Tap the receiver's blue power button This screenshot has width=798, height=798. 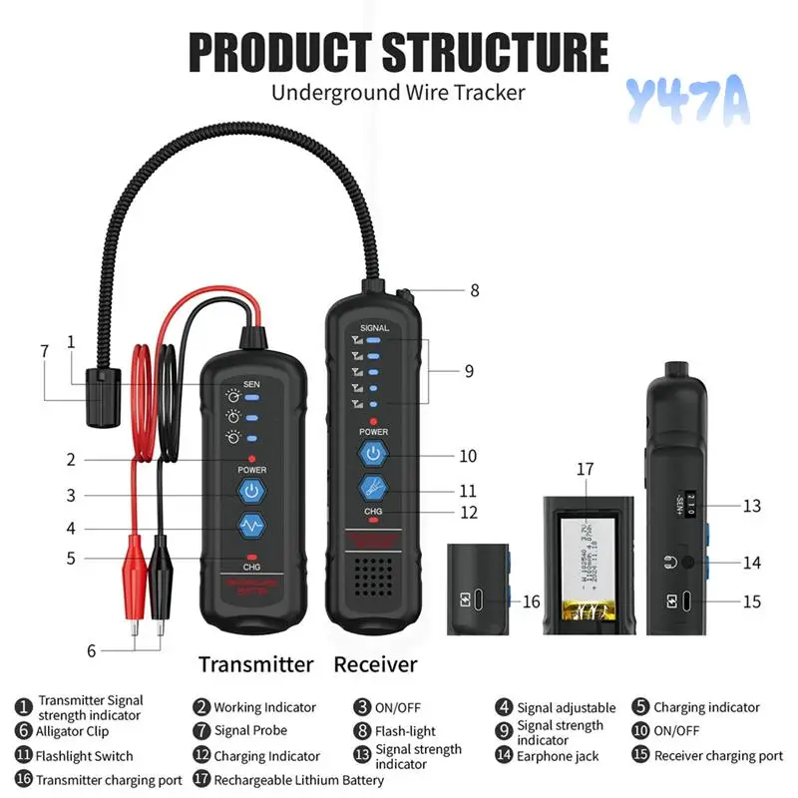coord(373,455)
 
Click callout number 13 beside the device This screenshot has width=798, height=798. coord(751,506)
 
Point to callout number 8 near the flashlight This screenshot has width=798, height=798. coord(475,291)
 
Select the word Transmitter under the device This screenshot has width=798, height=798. coord(255,664)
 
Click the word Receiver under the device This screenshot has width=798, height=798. coord(376,664)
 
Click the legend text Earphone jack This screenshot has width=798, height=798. coord(558,756)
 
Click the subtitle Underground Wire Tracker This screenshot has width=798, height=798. coord(398,93)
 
